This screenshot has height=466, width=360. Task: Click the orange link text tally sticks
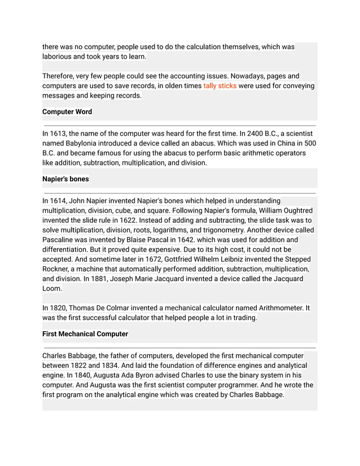coord(220,86)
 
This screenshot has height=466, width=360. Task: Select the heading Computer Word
coord(67,112)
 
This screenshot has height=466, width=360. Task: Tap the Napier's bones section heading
coord(65,179)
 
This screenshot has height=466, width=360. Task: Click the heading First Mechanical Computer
coord(85,334)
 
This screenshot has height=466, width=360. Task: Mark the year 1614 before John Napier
coord(60,201)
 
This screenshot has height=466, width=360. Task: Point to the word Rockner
coord(58,269)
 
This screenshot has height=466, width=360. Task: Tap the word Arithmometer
coord(281,308)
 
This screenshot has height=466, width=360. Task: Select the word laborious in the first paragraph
coord(60,56)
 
